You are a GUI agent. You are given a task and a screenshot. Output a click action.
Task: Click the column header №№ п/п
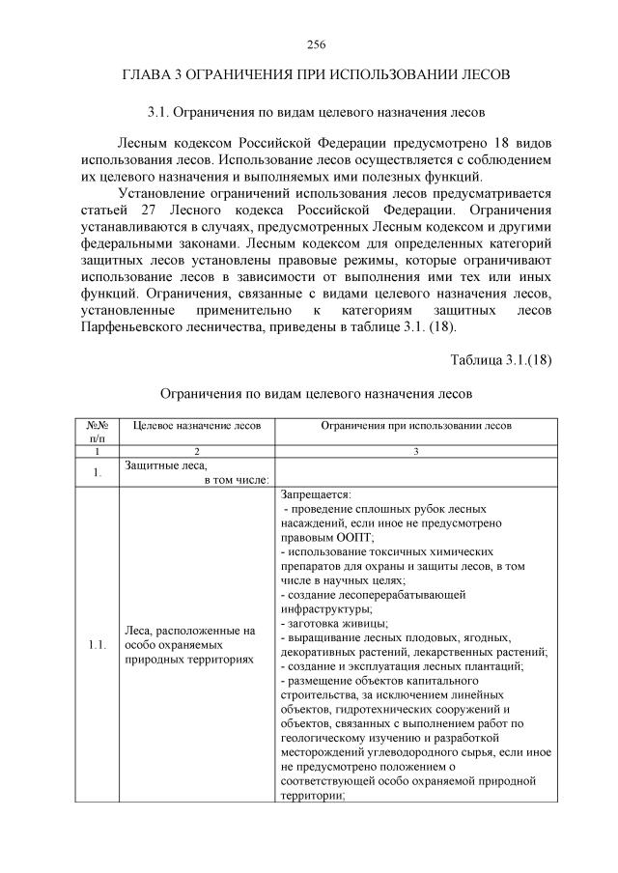coord(96,432)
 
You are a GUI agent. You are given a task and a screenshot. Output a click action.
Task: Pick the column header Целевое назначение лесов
coord(196,425)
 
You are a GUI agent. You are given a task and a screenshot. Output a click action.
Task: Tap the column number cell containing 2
coord(196,451)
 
